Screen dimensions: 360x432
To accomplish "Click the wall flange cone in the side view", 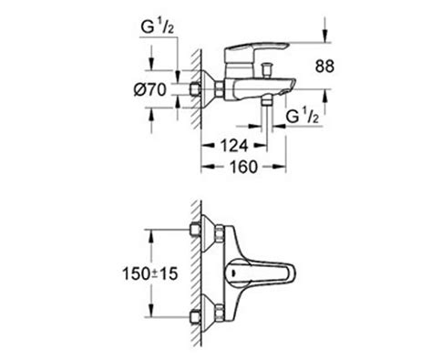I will [217, 89].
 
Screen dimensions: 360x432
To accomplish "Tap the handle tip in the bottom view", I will [293, 276].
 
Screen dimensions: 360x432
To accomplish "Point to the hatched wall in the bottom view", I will [195, 273].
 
